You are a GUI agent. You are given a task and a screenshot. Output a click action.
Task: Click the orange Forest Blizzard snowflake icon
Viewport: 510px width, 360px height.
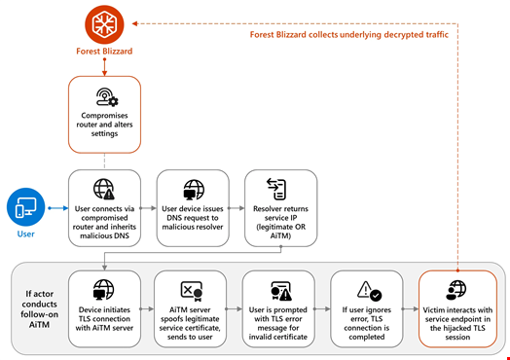pyautogui.click(x=103, y=24)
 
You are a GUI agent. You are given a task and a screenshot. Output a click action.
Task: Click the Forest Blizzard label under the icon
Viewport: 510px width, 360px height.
pyautogui.click(x=103, y=54)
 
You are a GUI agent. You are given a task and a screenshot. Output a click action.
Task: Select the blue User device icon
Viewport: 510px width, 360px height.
pyautogui.click(x=25, y=207)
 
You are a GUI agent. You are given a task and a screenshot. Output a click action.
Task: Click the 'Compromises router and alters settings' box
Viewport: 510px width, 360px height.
pyautogui.click(x=103, y=113)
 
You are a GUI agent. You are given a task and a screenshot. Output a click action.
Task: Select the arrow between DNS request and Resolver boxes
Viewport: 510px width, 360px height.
pyautogui.click(x=237, y=207)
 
